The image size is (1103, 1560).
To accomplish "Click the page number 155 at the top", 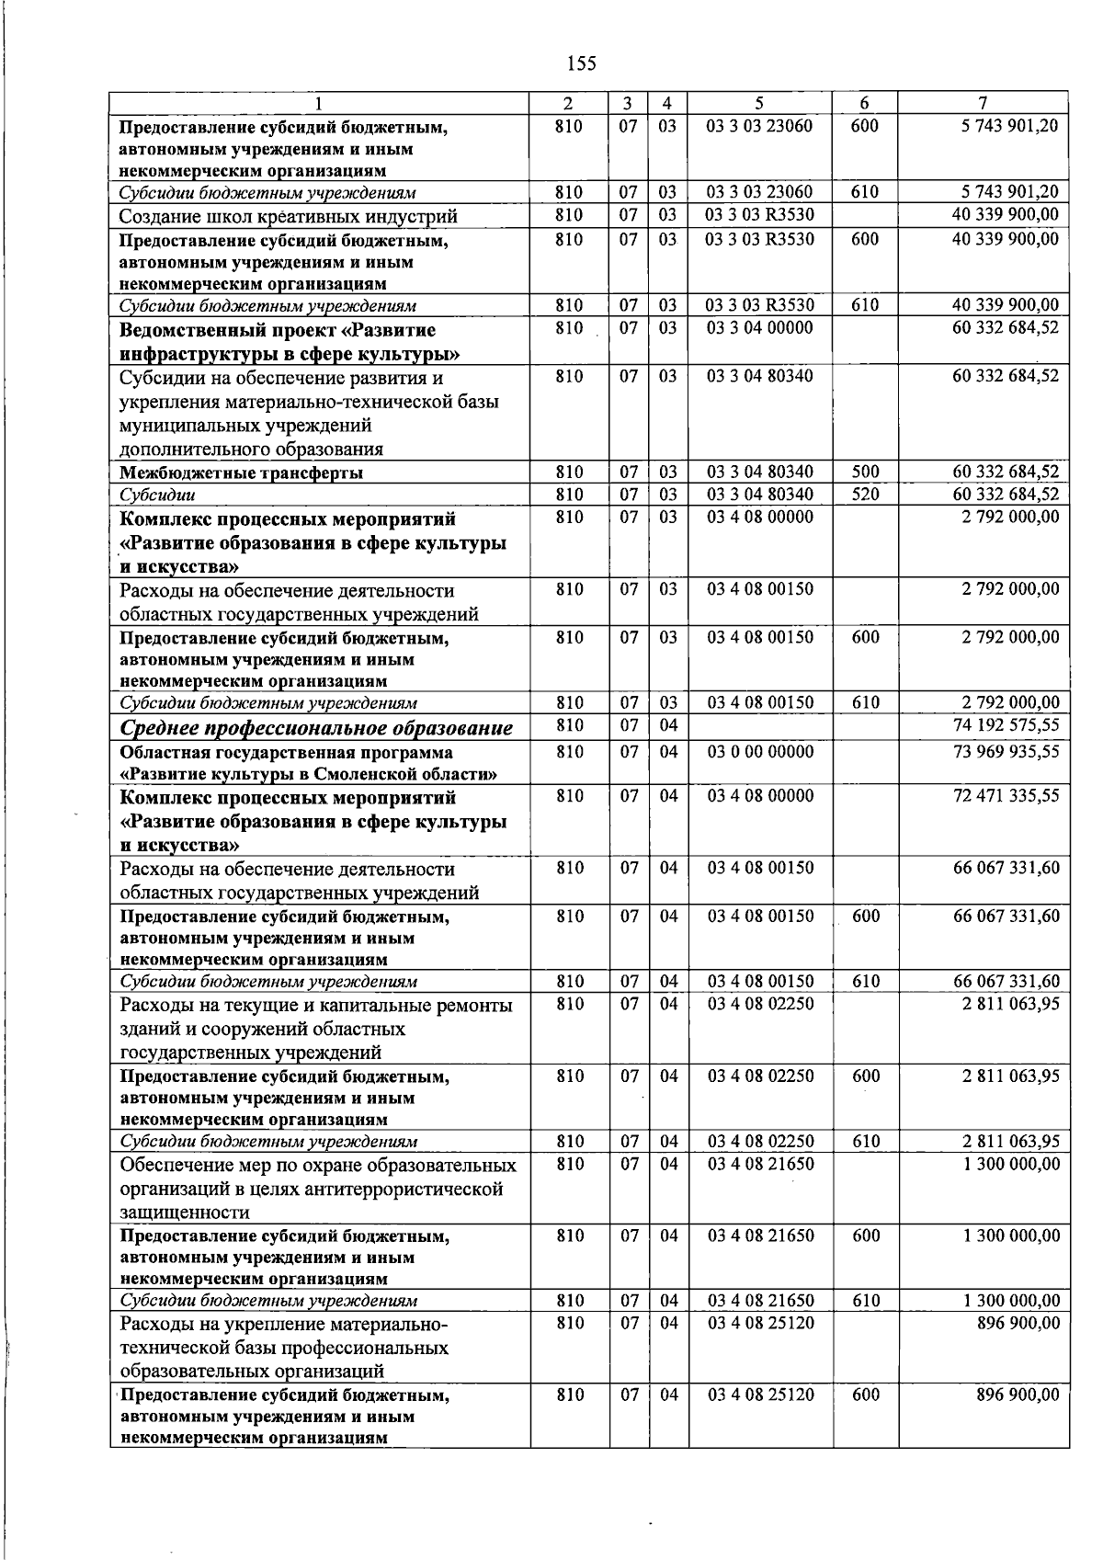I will coord(582,63).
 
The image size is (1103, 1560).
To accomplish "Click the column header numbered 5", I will coord(760,103).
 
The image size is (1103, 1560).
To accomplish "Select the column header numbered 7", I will coord(984,103).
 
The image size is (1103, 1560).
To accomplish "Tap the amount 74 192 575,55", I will coord(1006,725).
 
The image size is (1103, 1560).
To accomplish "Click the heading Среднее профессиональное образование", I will coord(317,728).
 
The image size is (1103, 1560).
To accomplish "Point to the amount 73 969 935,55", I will coord(1006,752).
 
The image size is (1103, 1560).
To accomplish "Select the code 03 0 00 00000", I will coord(760,752).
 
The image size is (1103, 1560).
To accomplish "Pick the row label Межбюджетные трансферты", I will coord(242,473).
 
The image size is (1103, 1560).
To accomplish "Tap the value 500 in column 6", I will coord(866,472).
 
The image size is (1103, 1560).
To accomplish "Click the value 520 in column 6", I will coord(866,494).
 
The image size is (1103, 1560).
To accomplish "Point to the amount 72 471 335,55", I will coord(1006,795).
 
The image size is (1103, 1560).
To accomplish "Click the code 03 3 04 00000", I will coord(760,328).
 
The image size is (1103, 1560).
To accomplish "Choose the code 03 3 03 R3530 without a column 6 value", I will coord(760,215).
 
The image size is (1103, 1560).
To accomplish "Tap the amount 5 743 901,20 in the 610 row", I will coord(1006,192).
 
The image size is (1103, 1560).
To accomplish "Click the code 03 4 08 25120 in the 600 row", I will coord(760,1395).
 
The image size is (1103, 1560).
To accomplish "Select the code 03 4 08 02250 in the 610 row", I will coord(760,1141).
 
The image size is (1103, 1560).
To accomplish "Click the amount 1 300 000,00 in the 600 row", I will coord(1010,1235).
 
